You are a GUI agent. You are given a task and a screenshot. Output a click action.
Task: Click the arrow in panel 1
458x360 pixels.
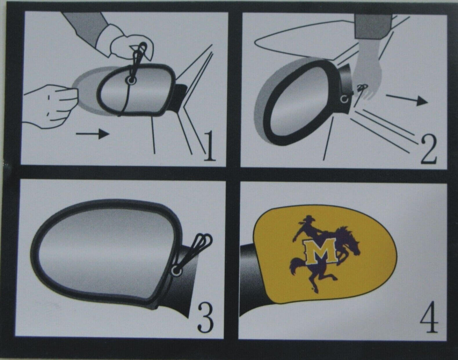click(x=93, y=134)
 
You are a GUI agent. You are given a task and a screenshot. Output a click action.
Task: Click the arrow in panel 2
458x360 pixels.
click(x=407, y=99)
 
